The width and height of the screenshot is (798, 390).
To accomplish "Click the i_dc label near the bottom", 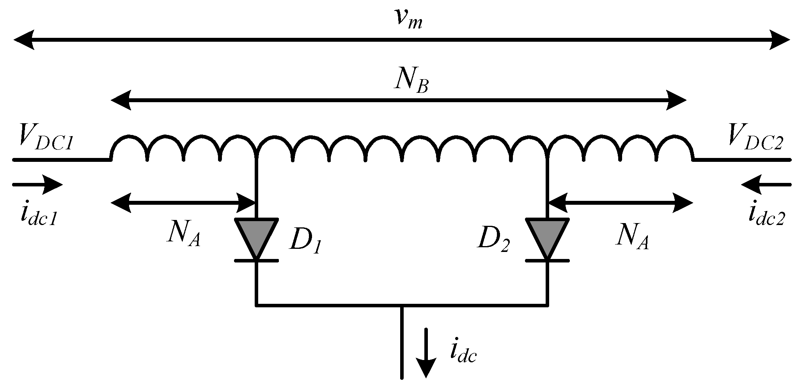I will [463, 353].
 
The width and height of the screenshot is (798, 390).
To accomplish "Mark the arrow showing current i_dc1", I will [37, 184].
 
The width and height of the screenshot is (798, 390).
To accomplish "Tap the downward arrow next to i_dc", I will [426, 353].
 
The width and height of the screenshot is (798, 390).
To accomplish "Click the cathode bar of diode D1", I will [256, 261].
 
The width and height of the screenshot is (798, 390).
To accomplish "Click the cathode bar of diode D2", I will [547, 261].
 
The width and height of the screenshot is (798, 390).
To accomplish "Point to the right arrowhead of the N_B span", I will [676, 101].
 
